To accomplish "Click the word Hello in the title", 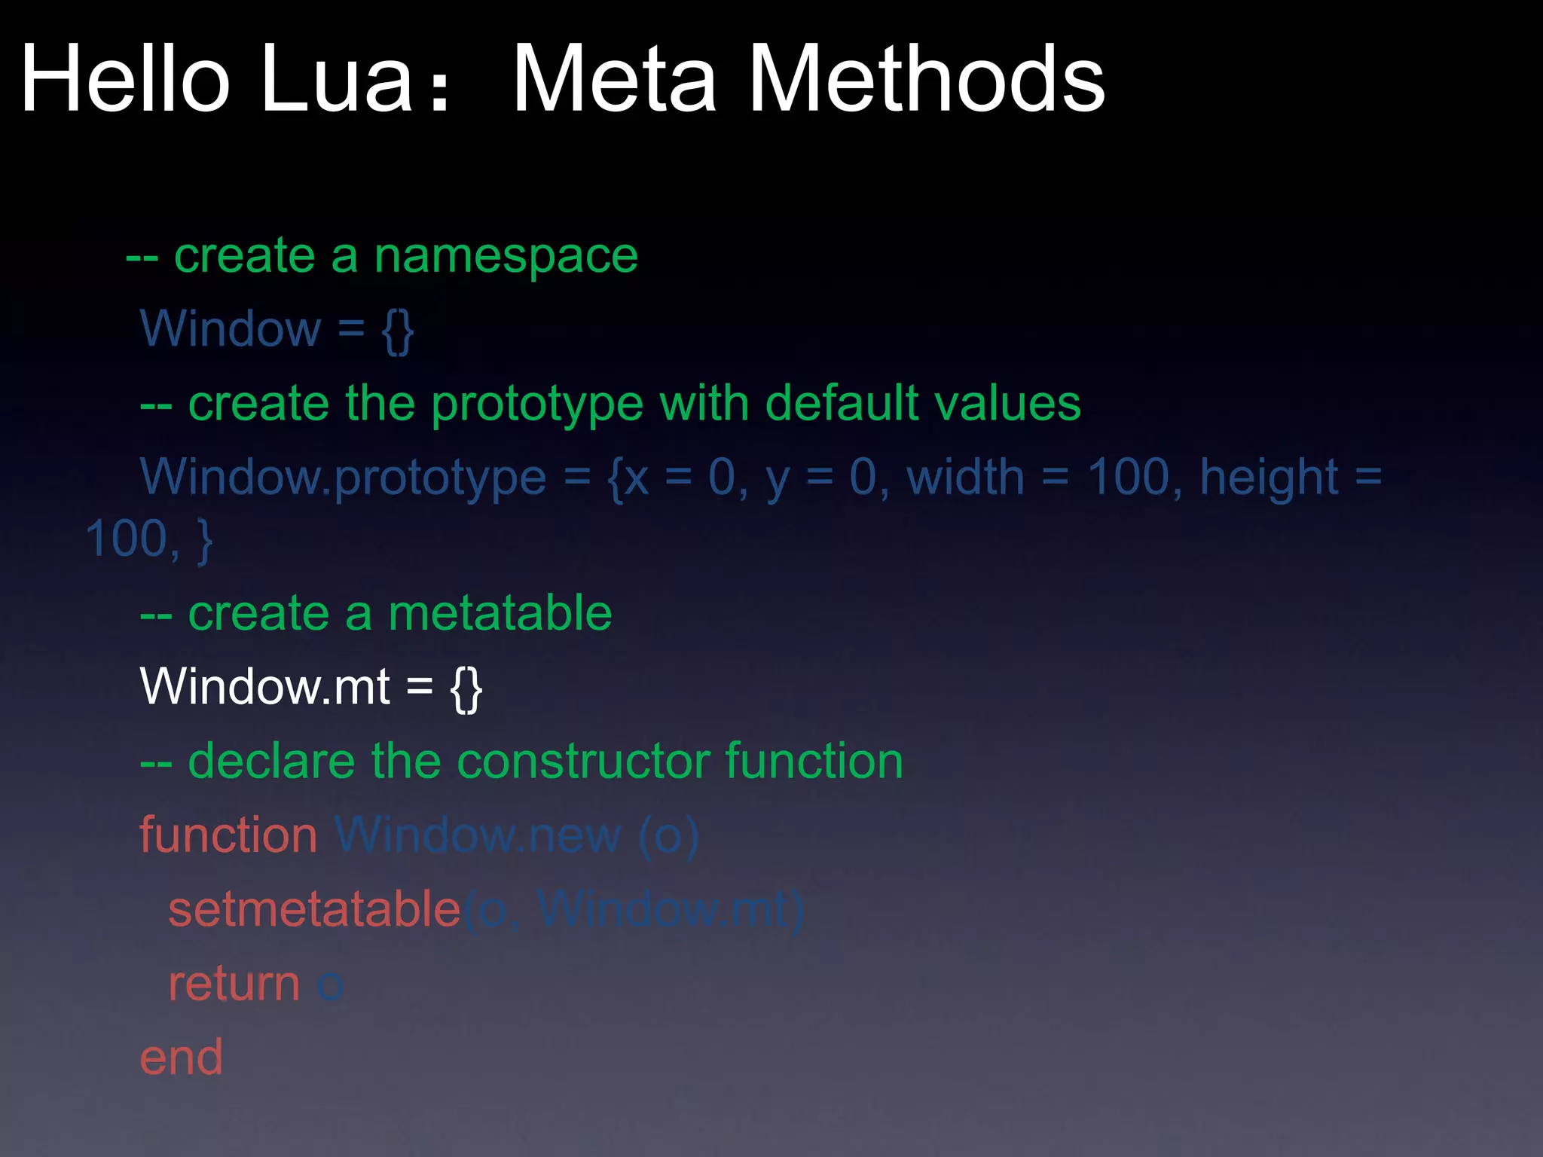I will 125,78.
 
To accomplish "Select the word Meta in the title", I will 614,78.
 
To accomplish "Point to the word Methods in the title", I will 927,78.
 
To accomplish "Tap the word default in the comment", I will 842,403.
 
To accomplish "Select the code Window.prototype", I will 343,478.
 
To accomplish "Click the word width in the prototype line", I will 965,478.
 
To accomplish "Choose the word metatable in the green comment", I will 500,612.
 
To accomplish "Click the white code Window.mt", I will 265,686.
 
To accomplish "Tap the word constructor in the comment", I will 584,761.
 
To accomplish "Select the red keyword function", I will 228,835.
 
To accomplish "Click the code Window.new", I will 478,835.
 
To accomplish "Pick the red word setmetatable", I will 314,909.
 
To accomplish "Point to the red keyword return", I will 234,984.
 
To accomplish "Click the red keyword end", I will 182,1058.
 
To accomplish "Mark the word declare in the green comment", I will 271,761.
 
